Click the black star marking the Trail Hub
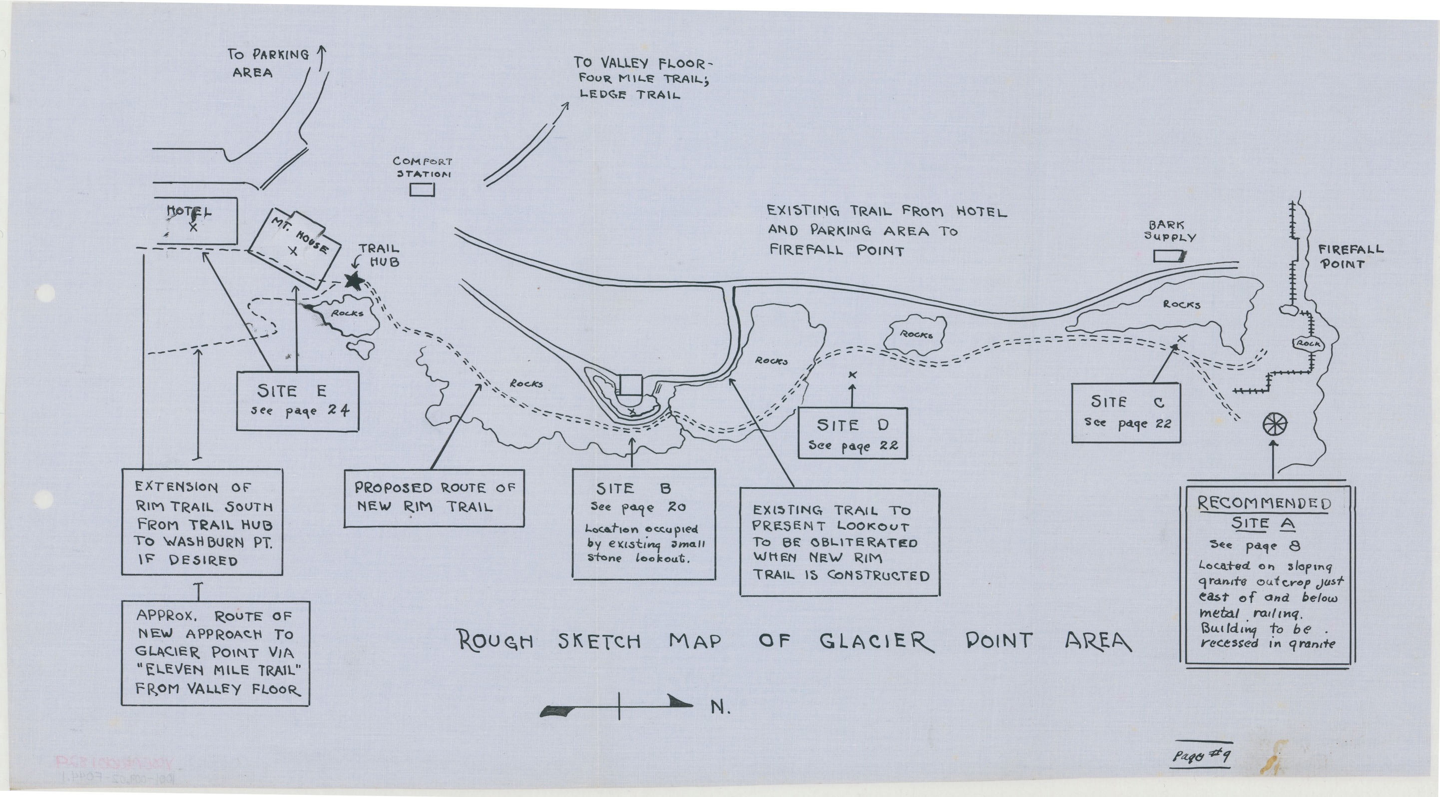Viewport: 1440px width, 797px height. tap(353, 281)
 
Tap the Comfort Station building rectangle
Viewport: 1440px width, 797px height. tap(422, 190)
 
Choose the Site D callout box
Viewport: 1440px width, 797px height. tap(852, 433)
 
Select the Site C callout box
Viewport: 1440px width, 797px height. tap(1126, 412)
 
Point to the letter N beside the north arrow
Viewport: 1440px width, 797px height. tap(721, 708)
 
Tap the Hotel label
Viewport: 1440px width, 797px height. tap(189, 212)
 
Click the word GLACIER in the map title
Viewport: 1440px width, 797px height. tap(877, 641)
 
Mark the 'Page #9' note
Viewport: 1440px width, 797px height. tap(1201, 756)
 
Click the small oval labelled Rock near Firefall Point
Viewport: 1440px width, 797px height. tap(1308, 343)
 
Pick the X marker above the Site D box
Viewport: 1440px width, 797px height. tap(852, 375)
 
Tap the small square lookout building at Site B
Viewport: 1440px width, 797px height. tap(632, 385)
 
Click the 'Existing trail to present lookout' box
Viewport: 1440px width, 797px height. tap(840, 542)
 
